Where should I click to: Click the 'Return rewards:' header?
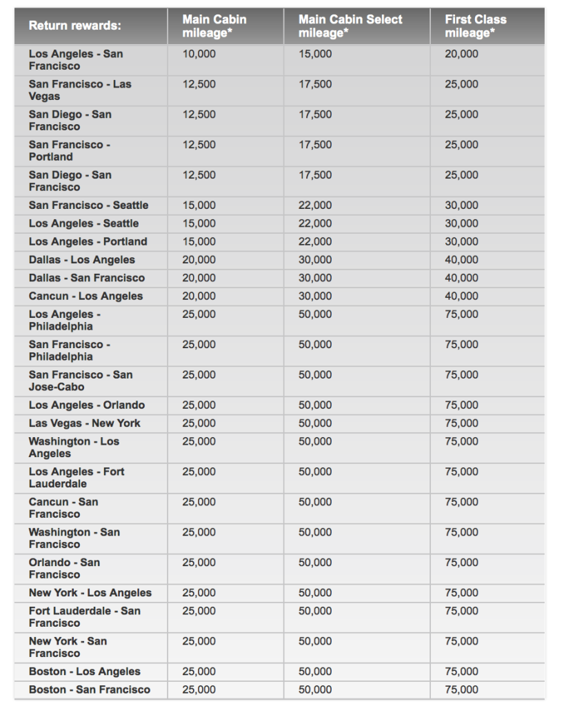pos(74,26)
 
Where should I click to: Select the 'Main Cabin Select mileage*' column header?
pos(350,26)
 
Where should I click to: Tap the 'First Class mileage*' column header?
pos(475,26)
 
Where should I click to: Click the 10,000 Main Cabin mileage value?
pos(199,54)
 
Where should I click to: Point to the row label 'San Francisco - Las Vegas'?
pos(79,90)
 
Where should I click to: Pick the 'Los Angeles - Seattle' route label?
pos(83,223)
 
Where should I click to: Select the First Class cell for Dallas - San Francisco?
pos(461,278)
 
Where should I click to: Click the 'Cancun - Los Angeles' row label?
pos(85,296)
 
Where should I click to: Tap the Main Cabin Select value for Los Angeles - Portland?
pos(315,241)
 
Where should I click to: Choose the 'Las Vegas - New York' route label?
pos(84,423)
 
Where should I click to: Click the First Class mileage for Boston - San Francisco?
pos(461,689)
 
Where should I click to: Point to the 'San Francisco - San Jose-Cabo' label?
pos(81,381)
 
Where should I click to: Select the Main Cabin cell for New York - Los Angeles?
pos(199,593)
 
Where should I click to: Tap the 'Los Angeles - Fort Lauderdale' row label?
pos(77,478)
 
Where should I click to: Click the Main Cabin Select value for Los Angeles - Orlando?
pos(315,405)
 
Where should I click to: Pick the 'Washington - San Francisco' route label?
pos(74,538)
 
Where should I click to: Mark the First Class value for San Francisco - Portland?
pos(461,145)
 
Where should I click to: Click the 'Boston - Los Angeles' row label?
pos(84,672)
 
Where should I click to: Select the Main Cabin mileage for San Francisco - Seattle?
pos(199,205)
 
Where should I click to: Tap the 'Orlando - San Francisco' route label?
pos(64,569)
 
